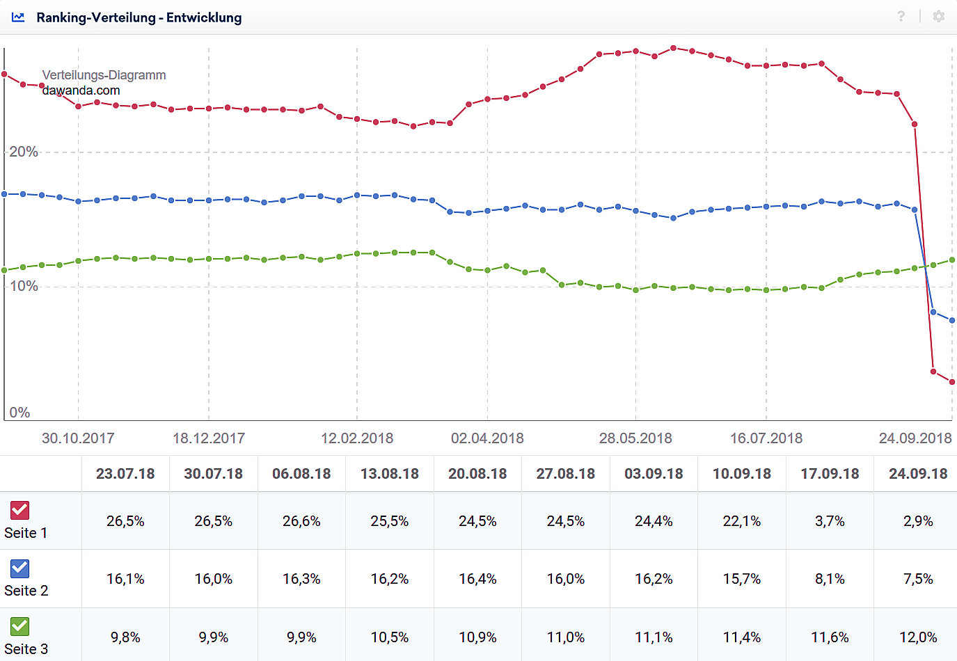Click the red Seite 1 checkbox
19,510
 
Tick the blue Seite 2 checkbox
19,568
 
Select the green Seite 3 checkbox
19,626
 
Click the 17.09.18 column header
830,474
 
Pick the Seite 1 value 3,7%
830,521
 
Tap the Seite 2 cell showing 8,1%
830,579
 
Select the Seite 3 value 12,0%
918,637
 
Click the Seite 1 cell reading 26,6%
301,521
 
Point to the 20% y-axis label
24,152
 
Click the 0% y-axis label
19,413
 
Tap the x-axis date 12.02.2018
357,438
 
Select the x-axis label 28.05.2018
635,438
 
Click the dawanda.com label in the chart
81,90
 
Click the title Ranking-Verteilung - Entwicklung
139,17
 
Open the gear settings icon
939,16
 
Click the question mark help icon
901,16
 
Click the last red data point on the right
952,382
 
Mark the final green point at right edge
952,260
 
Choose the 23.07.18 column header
125,474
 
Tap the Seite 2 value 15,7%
742,579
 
